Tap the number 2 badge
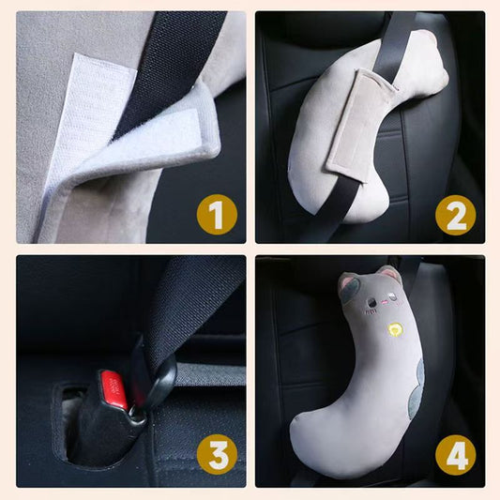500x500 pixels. pyautogui.click(x=455, y=218)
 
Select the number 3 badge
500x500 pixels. pyautogui.click(x=217, y=457)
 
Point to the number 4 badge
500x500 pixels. pyautogui.click(x=455, y=457)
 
